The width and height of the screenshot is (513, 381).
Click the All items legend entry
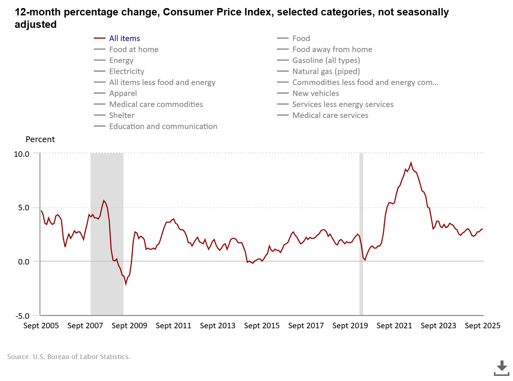pos(124,39)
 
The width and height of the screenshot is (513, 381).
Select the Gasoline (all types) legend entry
pos(326,61)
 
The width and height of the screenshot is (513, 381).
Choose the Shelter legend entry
pos(121,116)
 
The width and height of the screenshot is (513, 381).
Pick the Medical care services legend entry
pos(330,116)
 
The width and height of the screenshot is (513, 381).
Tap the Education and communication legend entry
pos(163,126)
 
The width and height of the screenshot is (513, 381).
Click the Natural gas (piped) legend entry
pos(326,71)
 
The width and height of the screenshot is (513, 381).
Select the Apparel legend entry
pos(123,93)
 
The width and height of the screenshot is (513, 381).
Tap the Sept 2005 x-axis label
pos(41,326)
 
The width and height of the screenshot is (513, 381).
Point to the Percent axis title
pos(40,140)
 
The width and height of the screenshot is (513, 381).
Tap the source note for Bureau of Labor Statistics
pos(69,357)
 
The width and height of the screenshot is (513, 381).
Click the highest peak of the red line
pos(411,163)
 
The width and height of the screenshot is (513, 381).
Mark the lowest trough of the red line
pos(126,284)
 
